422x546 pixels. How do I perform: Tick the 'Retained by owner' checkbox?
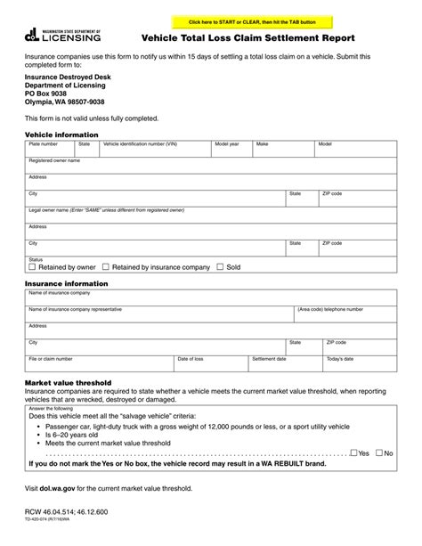click(33, 266)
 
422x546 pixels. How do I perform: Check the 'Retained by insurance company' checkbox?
click(106, 266)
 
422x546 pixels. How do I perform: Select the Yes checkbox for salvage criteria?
click(353, 452)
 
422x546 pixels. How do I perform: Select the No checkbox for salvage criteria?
click(379, 452)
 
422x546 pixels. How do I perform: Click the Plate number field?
click(50, 149)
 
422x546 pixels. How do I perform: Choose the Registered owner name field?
click(210, 166)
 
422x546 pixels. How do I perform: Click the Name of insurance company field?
click(210, 297)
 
